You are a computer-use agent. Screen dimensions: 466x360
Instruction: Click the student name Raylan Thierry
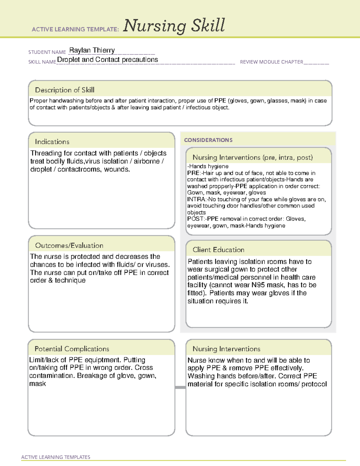click(92, 50)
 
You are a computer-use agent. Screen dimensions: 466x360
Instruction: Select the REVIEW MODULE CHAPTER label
click(271, 62)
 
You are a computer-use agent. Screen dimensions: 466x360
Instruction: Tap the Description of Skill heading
click(64, 90)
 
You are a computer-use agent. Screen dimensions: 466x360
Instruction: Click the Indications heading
click(52, 142)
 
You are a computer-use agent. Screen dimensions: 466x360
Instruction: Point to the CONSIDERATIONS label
click(208, 140)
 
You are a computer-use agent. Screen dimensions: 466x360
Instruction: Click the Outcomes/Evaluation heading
click(69, 245)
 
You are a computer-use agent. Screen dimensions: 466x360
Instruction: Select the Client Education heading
click(218, 250)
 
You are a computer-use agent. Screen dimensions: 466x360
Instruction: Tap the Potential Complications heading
click(72, 349)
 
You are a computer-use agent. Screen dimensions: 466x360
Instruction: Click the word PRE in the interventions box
click(193, 173)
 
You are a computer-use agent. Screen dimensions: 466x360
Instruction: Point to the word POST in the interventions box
click(195, 219)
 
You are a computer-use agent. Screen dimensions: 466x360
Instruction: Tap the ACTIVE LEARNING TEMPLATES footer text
click(55, 457)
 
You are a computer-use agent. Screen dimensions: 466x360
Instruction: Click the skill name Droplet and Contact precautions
click(107, 60)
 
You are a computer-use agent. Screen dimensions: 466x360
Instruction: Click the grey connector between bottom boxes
click(180, 387)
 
